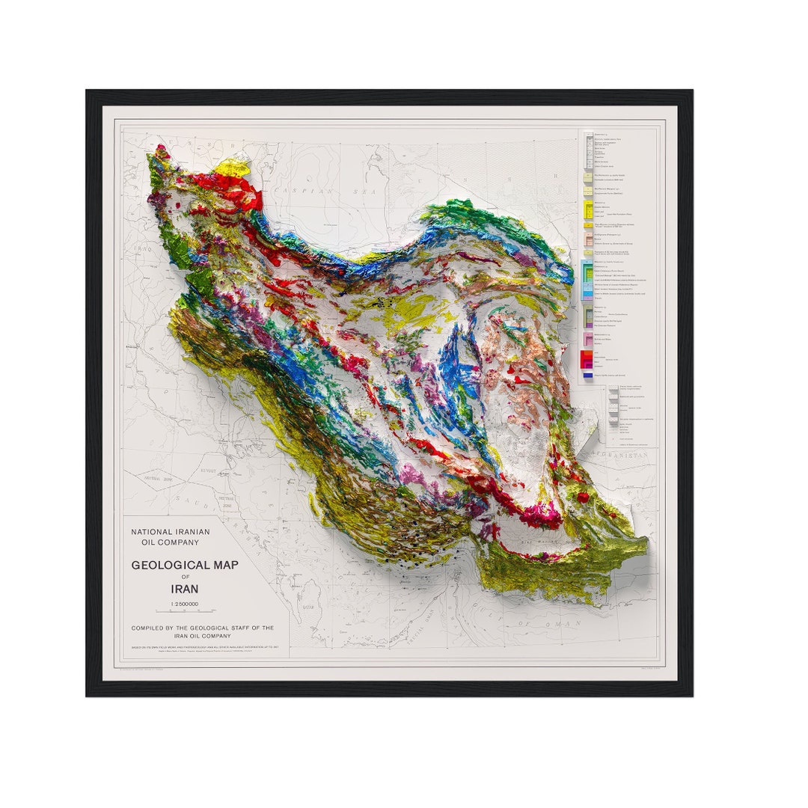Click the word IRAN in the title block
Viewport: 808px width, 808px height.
point(184,589)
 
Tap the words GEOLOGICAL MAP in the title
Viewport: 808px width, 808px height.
point(185,565)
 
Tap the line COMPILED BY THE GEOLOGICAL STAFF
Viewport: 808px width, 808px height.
point(202,628)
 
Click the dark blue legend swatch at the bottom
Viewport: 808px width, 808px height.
point(587,374)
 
